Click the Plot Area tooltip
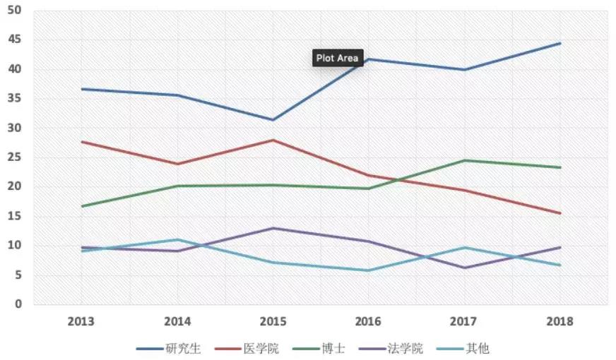[x=338, y=59]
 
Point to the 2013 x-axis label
[x=82, y=322]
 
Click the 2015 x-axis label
[x=273, y=322]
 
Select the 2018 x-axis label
[x=560, y=322]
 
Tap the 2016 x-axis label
[x=369, y=322]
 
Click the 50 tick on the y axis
[x=15, y=11]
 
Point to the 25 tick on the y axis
[x=15, y=157]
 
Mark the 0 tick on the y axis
[x=18, y=304]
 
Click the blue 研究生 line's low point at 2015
[x=273, y=120]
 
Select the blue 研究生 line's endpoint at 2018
[x=560, y=43]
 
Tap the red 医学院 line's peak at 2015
[x=273, y=140]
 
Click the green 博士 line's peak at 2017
[x=465, y=160]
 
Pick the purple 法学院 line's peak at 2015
[x=273, y=228]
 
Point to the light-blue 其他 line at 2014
[x=178, y=239]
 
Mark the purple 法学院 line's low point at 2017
[x=465, y=268]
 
